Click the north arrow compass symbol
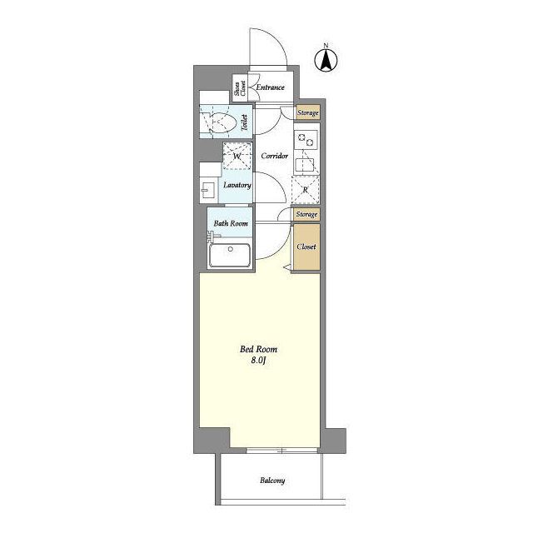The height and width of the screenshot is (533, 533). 326,60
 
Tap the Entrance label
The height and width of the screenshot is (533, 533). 270,87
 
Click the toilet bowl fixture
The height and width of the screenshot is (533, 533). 222,122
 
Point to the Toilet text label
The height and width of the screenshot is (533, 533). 244,122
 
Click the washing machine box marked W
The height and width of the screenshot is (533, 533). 237,156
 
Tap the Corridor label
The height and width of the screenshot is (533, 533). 275,156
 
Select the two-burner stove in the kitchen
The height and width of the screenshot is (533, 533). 306,140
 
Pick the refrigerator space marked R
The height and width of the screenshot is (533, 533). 306,190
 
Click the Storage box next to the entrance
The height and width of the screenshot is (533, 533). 307,112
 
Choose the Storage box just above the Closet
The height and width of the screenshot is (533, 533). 307,215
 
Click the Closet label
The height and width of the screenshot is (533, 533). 306,247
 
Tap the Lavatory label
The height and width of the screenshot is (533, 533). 237,185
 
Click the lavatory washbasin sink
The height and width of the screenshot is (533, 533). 207,191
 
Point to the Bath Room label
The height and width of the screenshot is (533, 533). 231,223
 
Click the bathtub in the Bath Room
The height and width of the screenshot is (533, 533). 230,255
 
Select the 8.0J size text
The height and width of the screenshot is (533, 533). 258,361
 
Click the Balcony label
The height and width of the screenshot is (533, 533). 272,481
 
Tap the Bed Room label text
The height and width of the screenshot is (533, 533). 258,349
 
